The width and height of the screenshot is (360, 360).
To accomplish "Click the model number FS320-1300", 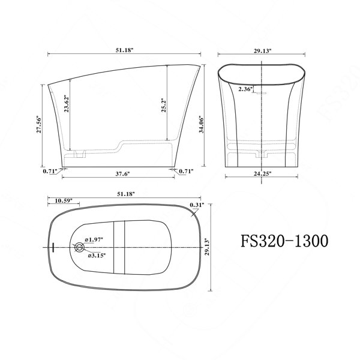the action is pos(284,241).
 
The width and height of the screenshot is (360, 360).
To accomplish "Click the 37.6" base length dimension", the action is pos(122,174).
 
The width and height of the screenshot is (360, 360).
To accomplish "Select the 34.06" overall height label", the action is pos(202,124).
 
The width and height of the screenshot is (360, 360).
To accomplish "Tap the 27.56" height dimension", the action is pos(39,125).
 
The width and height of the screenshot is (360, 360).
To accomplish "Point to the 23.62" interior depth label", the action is pos(67,103).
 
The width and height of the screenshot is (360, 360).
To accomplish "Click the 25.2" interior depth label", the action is pos(163,106).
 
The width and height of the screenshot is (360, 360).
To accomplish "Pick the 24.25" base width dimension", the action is pos(262,173).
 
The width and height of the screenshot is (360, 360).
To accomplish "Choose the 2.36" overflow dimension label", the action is pos(245,89).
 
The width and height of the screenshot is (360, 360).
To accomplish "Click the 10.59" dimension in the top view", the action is pos(64,200).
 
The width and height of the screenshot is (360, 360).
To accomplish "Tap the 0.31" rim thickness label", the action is pos(197,205).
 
